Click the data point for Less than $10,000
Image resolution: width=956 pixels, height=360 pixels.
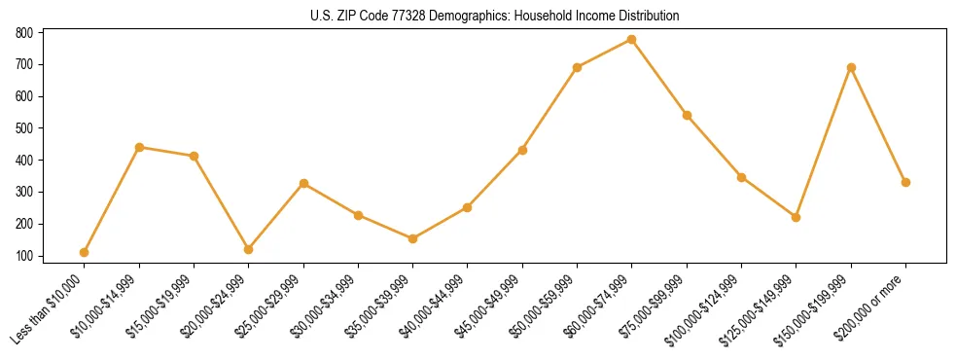click(85, 252)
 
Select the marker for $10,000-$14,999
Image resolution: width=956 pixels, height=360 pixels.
click(139, 147)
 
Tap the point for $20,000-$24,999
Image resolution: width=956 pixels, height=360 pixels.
click(249, 249)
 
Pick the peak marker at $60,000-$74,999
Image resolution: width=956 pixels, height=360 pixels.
click(632, 39)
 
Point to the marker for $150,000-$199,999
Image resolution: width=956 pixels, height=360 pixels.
click(851, 67)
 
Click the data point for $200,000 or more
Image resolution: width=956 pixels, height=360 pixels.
click(905, 182)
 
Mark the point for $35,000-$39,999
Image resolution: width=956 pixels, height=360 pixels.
click(413, 238)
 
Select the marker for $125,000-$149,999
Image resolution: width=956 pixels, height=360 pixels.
click(797, 217)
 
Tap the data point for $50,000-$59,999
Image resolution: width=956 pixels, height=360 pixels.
click(578, 67)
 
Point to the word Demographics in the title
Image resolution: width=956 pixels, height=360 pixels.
click(482, 17)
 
